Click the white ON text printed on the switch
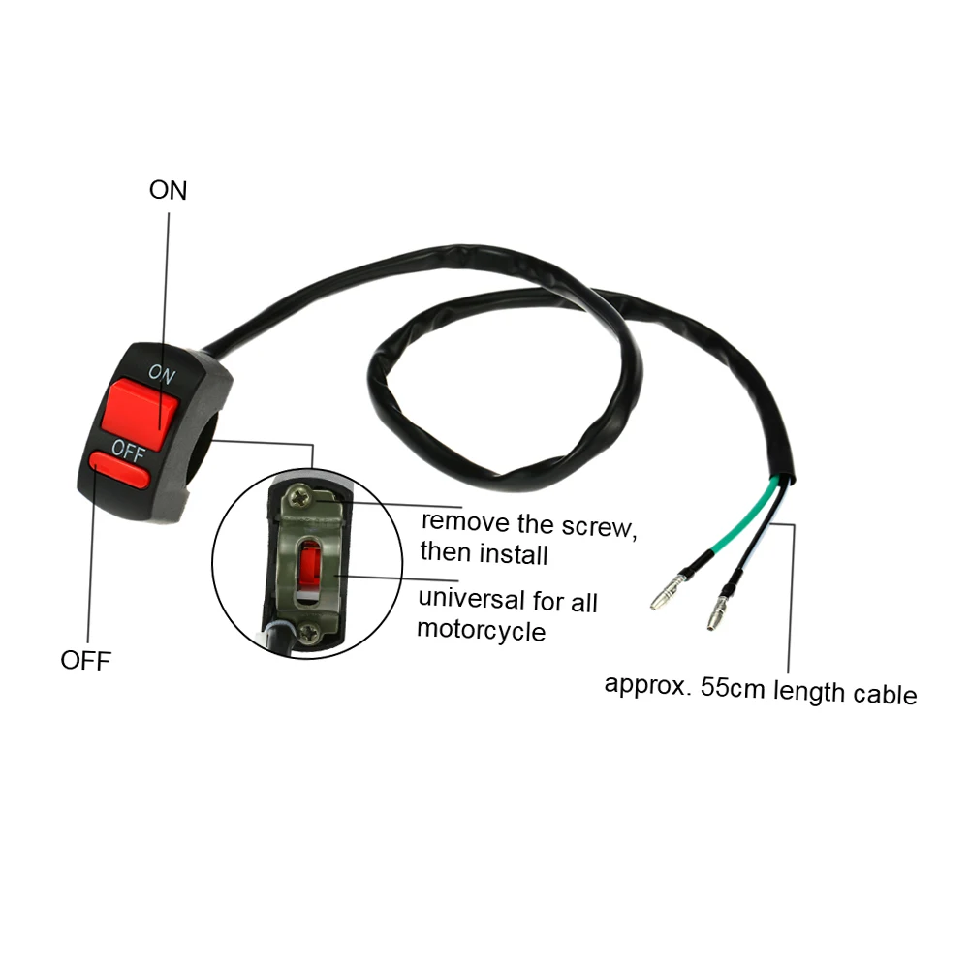click(161, 375)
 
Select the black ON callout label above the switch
click(168, 190)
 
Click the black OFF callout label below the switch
click(86, 661)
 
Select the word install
click(514, 555)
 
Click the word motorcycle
click(481, 631)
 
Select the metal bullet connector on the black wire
click(717, 613)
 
